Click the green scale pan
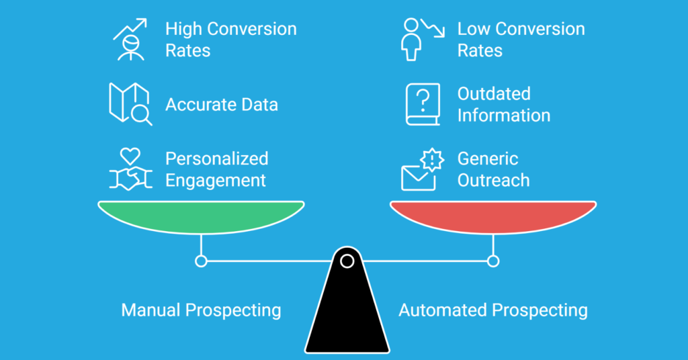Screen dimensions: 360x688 click(x=201, y=217)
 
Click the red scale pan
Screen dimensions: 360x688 click(x=493, y=217)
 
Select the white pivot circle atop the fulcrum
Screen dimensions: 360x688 click(x=347, y=260)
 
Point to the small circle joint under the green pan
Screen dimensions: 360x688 click(x=201, y=261)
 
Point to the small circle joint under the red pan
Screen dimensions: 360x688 click(x=493, y=261)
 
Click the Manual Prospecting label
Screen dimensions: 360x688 click(x=201, y=310)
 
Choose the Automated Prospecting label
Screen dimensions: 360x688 click(x=493, y=310)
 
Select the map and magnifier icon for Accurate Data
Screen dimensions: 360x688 click(x=130, y=103)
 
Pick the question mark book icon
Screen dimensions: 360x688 click(x=423, y=104)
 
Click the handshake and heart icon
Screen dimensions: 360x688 click(x=129, y=169)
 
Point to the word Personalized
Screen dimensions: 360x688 click(x=217, y=159)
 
